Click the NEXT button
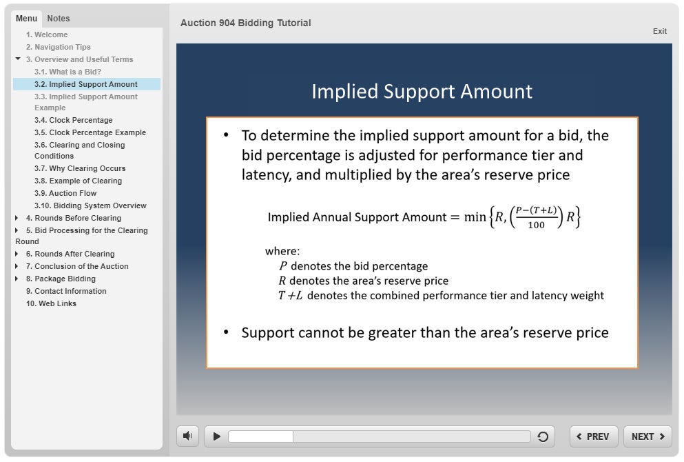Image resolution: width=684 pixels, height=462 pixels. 647,436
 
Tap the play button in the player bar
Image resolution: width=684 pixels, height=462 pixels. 216,436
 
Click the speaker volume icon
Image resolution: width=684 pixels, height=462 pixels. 187,436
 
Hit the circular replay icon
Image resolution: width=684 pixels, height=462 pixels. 543,436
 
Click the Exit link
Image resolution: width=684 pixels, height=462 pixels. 660,31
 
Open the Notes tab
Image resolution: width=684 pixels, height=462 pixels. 59,19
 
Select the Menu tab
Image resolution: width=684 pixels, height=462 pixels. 26,19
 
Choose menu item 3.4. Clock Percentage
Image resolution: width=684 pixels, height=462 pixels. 73,120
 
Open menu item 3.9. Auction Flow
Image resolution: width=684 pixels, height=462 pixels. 65,193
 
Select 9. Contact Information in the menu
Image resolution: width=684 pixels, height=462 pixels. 66,291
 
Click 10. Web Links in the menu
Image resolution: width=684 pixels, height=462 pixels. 51,303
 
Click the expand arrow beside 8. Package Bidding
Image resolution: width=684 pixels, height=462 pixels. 17,279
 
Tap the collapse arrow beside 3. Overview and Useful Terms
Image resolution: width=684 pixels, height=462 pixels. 18,59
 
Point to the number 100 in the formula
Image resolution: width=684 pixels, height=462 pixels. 536,225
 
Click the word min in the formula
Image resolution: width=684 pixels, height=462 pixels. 475,217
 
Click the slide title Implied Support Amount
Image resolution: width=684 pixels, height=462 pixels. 422,91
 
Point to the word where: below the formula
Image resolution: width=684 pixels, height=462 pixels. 282,251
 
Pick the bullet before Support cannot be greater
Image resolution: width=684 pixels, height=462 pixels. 226,332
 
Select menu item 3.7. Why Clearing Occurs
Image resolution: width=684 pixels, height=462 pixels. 80,168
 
